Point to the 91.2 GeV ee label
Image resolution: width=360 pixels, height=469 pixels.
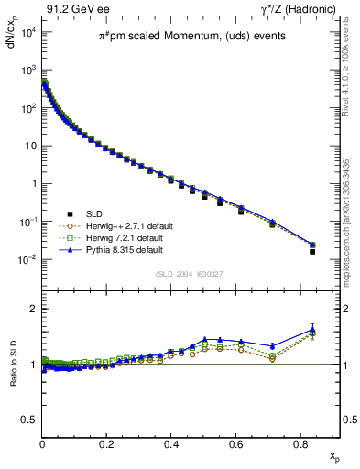click(71, 9)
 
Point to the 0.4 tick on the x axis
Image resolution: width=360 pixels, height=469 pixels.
click(171, 442)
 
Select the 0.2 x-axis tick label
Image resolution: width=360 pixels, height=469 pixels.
click(107, 442)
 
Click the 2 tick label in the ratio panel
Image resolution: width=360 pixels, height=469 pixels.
click(34, 309)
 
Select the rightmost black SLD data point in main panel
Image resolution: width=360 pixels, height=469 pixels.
click(312, 251)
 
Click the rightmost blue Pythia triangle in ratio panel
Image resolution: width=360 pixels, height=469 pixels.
click(312, 330)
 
